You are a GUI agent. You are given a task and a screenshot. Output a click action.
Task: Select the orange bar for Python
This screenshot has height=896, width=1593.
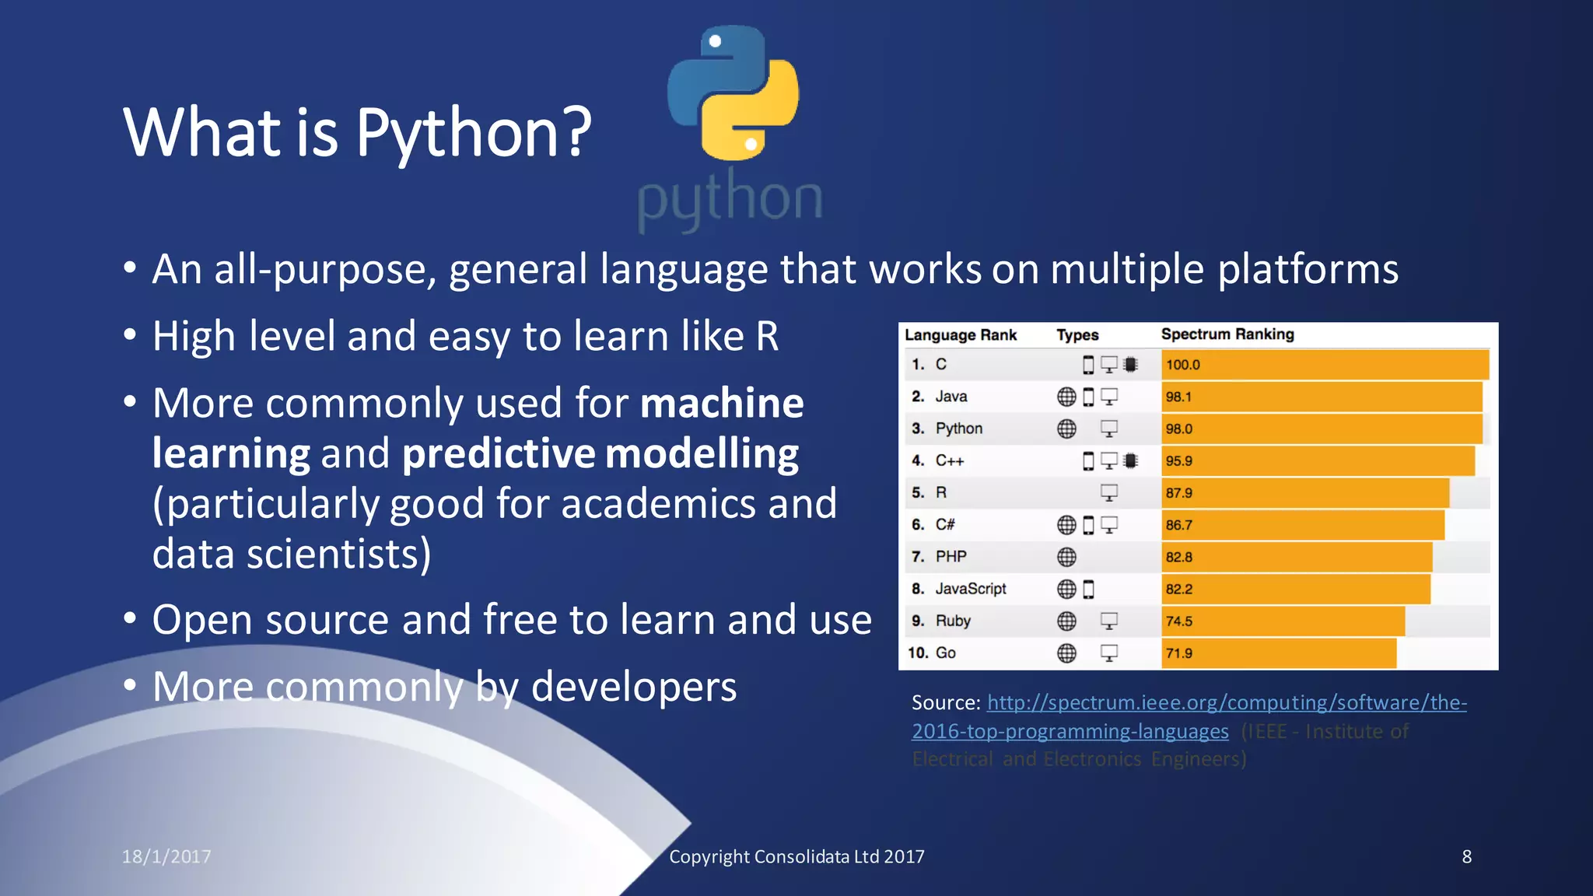click(1322, 429)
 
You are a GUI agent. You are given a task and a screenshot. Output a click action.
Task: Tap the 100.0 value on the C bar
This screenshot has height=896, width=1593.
click(1182, 365)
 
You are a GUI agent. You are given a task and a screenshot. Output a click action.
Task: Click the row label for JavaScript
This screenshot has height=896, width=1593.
click(970, 589)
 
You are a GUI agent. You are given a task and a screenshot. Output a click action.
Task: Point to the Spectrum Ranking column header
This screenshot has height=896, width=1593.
click(1227, 334)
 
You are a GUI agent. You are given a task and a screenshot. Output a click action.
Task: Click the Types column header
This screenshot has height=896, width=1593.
click(1077, 335)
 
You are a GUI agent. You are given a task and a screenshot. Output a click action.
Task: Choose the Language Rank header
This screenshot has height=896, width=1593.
click(961, 335)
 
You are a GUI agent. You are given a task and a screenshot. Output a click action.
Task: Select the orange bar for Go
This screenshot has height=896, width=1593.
click(1280, 653)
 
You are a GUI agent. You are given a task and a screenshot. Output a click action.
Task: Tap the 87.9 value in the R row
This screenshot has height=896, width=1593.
click(1178, 493)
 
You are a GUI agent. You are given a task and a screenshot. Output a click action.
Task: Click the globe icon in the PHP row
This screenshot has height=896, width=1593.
click(1066, 557)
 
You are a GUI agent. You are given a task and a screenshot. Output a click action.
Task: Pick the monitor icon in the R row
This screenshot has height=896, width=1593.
click(1108, 493)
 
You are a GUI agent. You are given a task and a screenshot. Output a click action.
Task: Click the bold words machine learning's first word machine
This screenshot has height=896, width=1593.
click(722, 403)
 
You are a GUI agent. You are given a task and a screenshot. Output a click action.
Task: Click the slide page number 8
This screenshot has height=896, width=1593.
click(1466, 856)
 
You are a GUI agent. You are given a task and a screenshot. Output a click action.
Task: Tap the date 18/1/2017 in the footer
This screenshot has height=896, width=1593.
click(166, 856)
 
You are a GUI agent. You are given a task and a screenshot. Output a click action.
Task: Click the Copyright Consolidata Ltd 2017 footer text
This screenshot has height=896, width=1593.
click(796, 856)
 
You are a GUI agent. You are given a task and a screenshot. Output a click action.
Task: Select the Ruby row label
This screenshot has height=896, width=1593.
click(953, 621)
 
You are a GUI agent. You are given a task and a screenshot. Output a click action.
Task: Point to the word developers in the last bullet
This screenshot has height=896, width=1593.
click(633, 687)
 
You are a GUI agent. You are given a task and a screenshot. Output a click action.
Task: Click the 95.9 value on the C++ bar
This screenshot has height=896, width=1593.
click(1178, 461)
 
